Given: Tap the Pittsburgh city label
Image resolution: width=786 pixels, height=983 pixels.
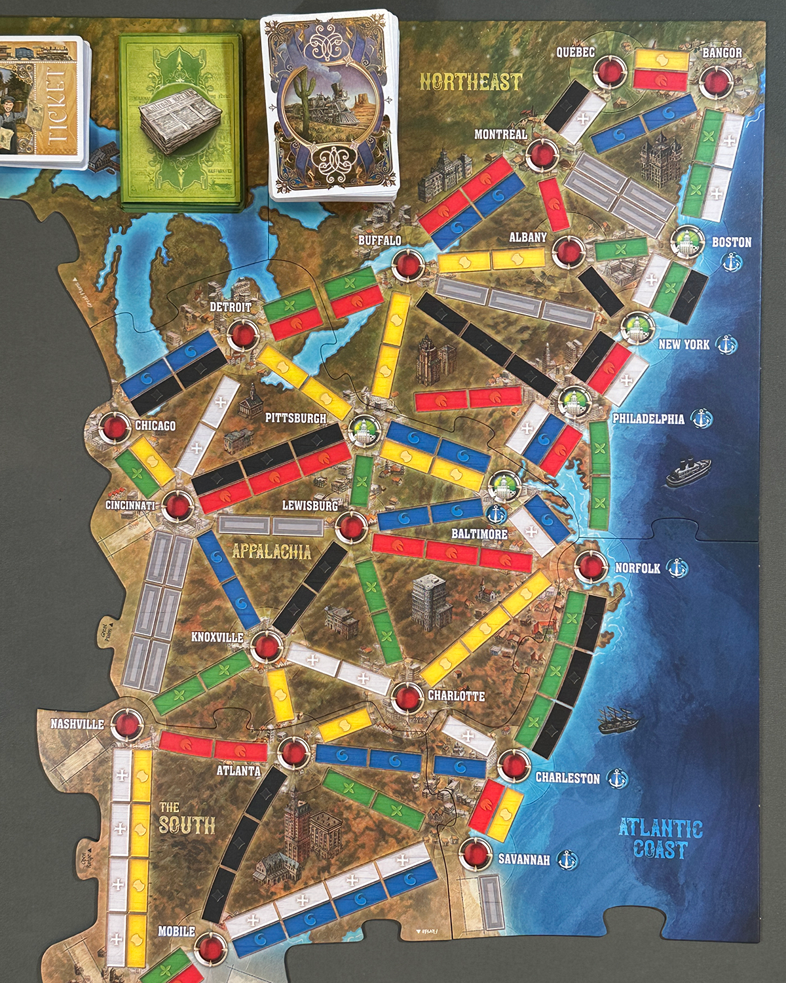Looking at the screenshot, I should tap(295, 417).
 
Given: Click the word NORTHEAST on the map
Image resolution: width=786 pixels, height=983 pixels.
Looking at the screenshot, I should tap(470, 82).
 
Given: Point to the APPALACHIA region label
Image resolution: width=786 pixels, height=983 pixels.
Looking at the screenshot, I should tap(271, 551).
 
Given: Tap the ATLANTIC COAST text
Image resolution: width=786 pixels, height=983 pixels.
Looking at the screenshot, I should tap(660, 839).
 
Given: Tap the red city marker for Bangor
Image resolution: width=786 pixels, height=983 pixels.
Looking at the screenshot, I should tap(715, 81).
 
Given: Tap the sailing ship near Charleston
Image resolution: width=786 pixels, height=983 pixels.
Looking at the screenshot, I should tap(618, 720).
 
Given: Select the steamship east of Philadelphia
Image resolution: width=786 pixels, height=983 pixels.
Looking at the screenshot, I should tap(688, 472).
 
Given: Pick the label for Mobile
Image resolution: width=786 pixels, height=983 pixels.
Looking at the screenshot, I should tap(176, 931).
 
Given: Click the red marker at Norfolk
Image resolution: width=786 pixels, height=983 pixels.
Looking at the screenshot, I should tap(588, 567).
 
